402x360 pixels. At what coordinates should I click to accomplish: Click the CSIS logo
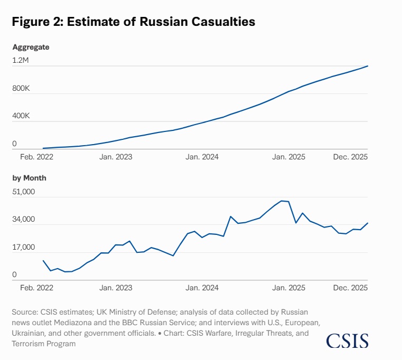(347, 340)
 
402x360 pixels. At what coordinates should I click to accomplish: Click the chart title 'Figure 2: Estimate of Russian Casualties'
(134, 22)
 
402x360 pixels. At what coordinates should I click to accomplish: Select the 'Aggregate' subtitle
(31, 47)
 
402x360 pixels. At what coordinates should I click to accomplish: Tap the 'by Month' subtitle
(30, 178)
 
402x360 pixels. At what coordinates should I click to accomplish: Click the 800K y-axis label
(22, 88)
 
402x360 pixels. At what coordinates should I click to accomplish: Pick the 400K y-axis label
(22, 116)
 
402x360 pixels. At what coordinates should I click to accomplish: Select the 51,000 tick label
(24, 192)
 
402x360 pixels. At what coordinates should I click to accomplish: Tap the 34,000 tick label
(24, 220)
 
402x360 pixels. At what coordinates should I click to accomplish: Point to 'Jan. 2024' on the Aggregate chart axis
(202, 157)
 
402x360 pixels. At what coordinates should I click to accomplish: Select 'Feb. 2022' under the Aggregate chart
(37, 157)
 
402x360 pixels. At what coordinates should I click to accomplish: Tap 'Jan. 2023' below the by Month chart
(116, 288)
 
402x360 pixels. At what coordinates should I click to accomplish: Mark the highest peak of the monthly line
(282, 201)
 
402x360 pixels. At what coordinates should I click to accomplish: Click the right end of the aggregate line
(368, 66)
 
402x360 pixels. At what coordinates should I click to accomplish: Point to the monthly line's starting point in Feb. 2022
(43, 261)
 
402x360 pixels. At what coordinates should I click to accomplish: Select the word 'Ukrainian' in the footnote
(27, 333)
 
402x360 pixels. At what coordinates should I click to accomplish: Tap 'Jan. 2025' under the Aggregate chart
(288, 157)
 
